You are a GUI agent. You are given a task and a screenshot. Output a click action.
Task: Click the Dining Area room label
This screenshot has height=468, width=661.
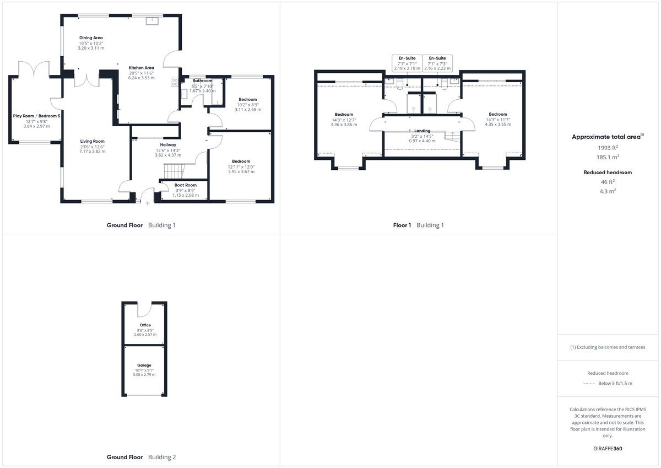[x=91, y=38]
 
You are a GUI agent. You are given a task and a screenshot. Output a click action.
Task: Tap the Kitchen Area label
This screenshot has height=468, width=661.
[x=142, y=68]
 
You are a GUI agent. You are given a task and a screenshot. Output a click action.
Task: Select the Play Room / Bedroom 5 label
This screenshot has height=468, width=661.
[x=36, y=116]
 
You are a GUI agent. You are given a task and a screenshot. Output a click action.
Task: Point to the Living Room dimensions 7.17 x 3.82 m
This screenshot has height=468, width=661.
[x=93, y=152]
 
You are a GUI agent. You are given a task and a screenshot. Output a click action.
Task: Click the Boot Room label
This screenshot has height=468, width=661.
[x=186, y=185]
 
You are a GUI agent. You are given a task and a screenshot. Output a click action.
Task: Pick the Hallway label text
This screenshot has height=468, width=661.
[x=168, y=145]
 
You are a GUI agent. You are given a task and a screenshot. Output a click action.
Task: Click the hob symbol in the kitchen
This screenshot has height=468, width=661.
[x=175, y=82]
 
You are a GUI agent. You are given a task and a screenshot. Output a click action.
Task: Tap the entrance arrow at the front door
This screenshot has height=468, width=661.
[x=148, y=203]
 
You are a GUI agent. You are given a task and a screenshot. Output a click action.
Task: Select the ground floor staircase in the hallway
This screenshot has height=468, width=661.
[x=175, y=171]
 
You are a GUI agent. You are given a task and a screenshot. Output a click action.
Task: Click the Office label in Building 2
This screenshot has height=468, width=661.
[x=145, y=325]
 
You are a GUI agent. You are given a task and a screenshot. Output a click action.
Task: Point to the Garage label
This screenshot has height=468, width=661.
[x=144, y=365]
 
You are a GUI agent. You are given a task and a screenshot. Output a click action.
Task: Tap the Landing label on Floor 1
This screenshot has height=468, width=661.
[x=422, y=131]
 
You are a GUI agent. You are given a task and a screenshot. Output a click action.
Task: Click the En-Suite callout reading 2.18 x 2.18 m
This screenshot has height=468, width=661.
[x=407, y=63]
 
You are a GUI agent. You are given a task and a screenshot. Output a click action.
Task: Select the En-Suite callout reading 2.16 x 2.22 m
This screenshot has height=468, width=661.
[x=437, y=63]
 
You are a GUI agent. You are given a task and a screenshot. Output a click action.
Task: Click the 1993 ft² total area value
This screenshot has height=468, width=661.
[x=608, y=148]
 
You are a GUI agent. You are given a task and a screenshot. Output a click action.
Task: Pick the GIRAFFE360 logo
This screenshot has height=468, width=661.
[x=608, y=449]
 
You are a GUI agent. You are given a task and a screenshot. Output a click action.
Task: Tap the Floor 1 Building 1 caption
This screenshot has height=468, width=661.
[x=418, y=225]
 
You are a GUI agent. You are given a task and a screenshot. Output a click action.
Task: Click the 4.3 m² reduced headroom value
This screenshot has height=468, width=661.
[x=608, y=191]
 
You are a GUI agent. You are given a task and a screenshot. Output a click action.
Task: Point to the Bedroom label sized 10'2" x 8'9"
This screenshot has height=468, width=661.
[x=248, y=100]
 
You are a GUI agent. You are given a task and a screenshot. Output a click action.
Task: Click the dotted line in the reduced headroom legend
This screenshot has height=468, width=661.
[x=589, y=384]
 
